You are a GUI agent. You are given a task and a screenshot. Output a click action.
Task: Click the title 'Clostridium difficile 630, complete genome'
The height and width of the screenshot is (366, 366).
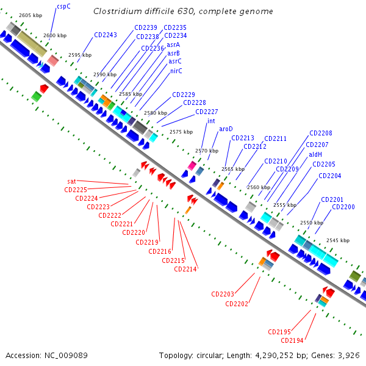click(183, 12)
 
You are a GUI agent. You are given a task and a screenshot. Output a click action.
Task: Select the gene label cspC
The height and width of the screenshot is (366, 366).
click(64, 6)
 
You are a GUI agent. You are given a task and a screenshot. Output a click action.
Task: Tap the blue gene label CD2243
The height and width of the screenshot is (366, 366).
click(106, 35)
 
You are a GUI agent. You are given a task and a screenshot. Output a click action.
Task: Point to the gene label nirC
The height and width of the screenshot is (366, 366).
click(176, 71)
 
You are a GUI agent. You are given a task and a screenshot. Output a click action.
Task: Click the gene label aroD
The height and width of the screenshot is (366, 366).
click(226, 129)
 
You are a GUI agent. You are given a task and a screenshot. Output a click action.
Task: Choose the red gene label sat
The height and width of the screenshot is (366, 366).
click(72, 181)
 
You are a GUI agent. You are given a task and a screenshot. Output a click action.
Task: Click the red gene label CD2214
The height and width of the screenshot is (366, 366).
click(186, 269)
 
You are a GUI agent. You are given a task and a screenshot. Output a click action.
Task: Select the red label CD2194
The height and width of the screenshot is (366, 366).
click(292, 340)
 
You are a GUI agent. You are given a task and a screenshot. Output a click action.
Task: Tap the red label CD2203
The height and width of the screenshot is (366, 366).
click(223, 294)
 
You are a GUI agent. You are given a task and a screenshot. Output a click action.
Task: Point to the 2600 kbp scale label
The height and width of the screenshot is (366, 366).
click(55, 35)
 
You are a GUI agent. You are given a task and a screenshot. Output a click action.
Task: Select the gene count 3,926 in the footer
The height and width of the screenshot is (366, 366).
click(350, 355)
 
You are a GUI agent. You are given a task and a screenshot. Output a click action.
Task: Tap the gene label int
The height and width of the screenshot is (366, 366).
click(211, 121)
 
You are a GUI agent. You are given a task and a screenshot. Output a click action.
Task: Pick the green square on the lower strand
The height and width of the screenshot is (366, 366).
click(37, 96)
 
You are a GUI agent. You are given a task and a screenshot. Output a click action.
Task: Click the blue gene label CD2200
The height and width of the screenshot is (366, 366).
click(343, 207)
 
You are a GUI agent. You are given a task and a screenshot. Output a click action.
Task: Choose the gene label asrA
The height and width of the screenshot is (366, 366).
click(173, 45)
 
